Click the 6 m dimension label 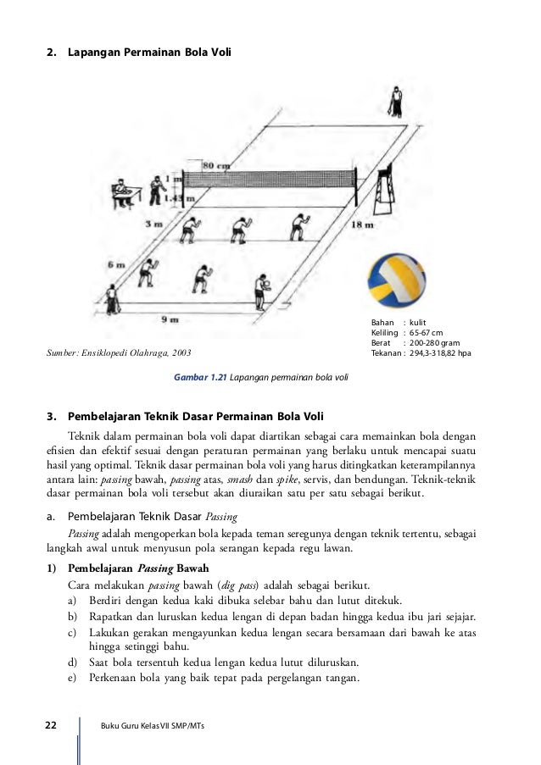115,264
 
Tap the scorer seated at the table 121,191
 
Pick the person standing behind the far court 396,102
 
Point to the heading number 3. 50,415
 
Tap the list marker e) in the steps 72,678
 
